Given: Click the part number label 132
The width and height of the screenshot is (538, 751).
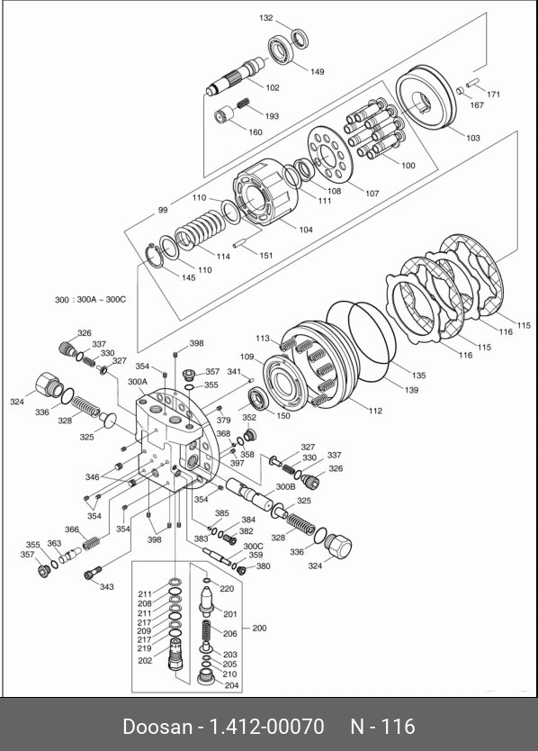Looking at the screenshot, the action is (x=265, y=18).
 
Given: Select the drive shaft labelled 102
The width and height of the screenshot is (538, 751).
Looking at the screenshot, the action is (x=236, y=76).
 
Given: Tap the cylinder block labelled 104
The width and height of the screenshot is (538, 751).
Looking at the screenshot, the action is (x=265, y=193).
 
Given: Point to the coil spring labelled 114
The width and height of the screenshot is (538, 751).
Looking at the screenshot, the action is (x=199, y=230).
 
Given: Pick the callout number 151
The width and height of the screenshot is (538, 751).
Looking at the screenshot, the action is (x=265, y=255).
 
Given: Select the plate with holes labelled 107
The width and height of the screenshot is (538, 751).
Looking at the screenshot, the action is (x=330, y=155).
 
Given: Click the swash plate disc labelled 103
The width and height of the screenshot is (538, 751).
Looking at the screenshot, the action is (x=425, y=97).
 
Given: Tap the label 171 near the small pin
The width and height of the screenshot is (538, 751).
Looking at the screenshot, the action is (x=493, y=95).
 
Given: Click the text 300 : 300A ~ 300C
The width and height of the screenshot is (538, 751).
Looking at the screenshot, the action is (x=90, y=300).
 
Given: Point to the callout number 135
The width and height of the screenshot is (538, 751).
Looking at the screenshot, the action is (x=418, y=375).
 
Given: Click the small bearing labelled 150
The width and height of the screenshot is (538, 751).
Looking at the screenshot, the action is (x=259, y=400).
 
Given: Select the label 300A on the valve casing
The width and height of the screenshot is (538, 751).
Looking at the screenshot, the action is (x=138, y=382).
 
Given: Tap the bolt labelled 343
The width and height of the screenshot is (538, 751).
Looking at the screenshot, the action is (x=93, y=572).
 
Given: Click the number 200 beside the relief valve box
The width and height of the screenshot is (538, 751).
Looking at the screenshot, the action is (x=259, y=628).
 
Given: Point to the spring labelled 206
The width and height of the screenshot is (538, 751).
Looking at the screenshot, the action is (x=207, y=633).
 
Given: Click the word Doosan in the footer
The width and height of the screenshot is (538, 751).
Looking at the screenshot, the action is (x=157, y=727).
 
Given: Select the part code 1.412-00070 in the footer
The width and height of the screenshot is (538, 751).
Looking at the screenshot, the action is (x=267, y=727).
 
